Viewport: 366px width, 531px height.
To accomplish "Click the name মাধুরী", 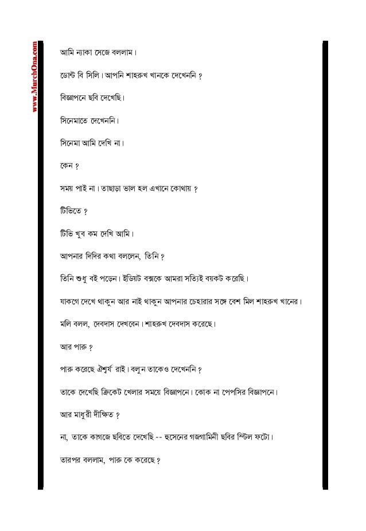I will click(x=89, y=413).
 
